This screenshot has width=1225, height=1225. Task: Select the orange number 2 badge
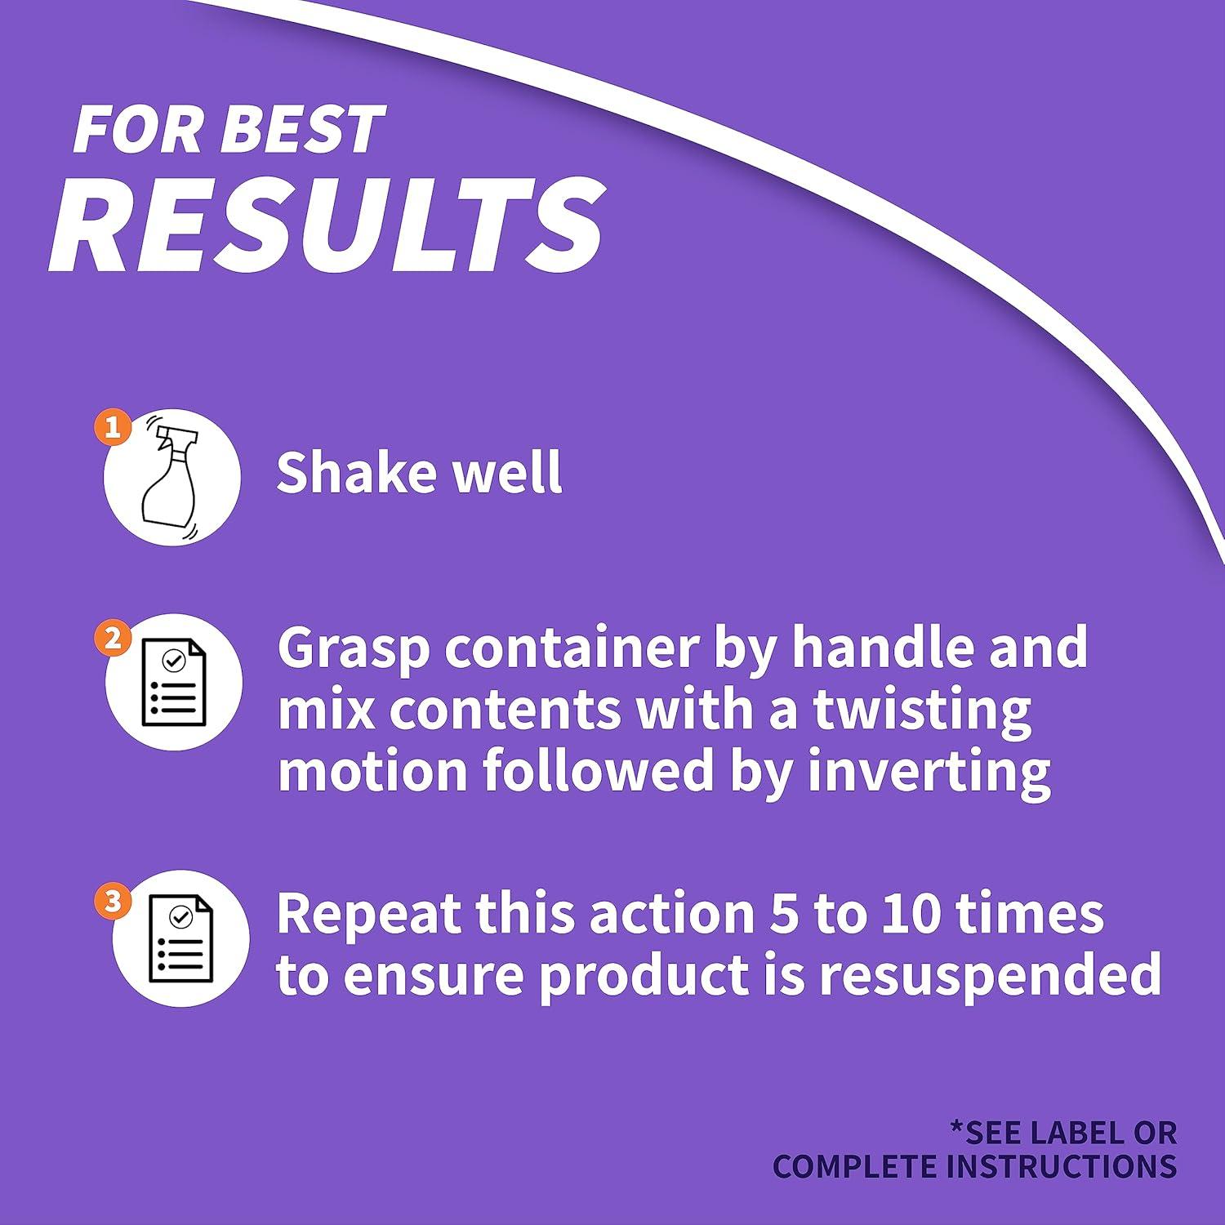(x=114, y=638)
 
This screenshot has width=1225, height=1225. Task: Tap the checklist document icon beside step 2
(x=174, y=683)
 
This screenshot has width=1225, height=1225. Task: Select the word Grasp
(x=354, y=649)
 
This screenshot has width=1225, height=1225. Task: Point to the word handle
(x=878, y=646)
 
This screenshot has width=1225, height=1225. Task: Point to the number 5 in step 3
(x=784, y=913)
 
